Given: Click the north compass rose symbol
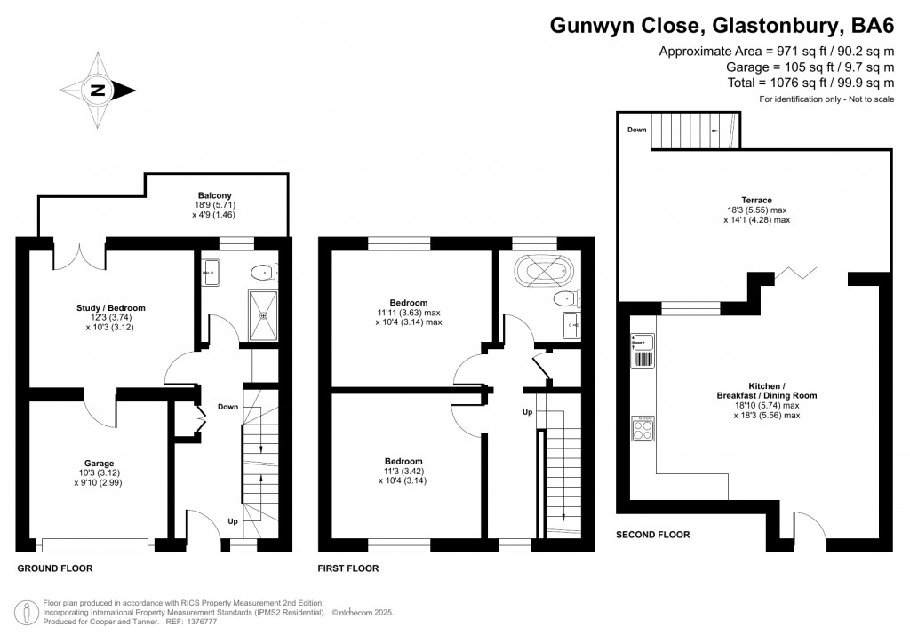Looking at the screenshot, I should point(97,90).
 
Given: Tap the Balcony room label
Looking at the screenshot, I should point(214,195).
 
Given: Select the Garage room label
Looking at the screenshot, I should point(99,464).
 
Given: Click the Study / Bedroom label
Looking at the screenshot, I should point(110,308).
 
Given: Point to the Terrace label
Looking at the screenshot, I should point(756,200).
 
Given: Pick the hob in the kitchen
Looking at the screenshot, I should point(643,429).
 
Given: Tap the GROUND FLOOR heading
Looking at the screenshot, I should point(55,568).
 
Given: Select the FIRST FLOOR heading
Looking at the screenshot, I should point(348,568).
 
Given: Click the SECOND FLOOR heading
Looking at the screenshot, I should point(653,535).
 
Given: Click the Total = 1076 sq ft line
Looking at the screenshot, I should point(810,83).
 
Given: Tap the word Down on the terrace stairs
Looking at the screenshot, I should point(637,130).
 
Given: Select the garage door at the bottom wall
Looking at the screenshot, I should point(95,544).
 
